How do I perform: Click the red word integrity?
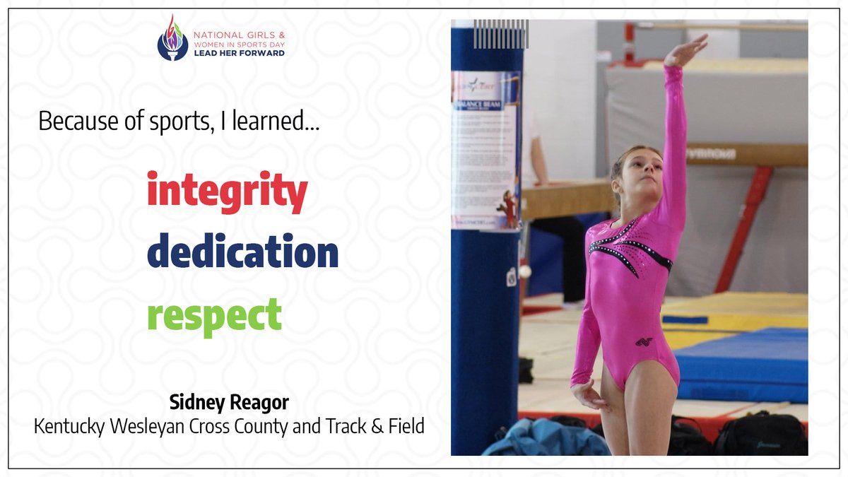coord(227,191)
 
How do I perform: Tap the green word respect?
coord(214,316)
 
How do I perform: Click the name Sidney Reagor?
coord(229,403)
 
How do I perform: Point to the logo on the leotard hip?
coord(643,342)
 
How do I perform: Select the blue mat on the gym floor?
coord(742,364)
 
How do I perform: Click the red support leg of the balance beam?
coord(742,226)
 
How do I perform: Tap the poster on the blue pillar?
coord(485,148)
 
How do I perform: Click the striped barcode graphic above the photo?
coord(500,34)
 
